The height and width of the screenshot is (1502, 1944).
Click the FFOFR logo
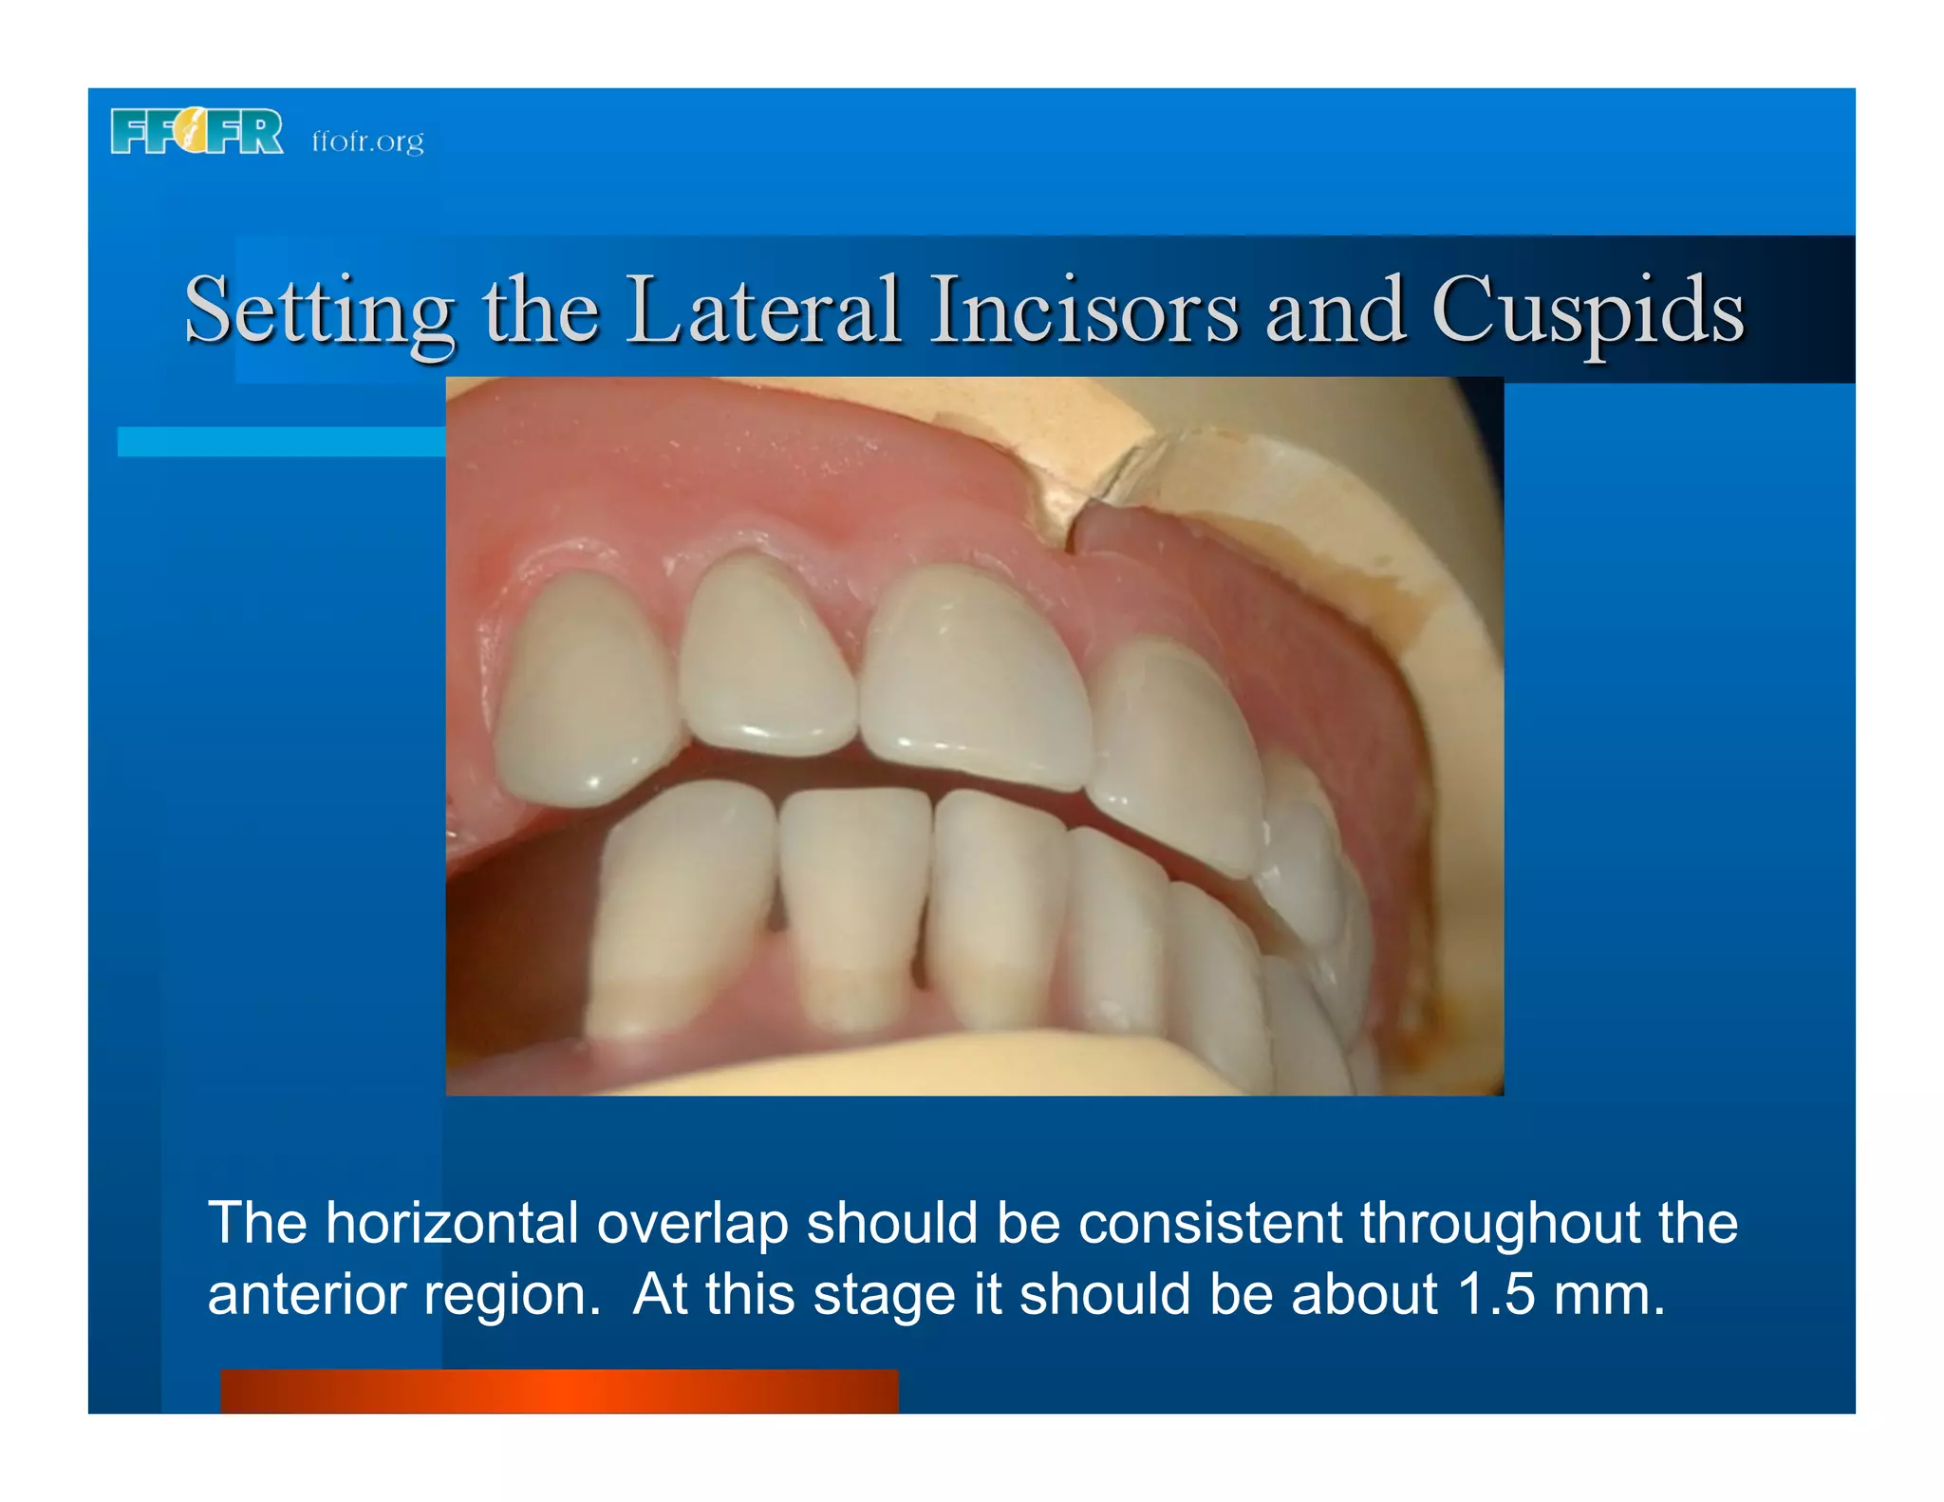(x=196, y=131)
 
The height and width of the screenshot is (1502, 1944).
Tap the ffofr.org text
(x=367, y=141)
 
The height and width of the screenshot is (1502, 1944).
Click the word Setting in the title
(x=319, y=310)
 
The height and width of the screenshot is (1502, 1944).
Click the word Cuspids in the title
(x=1587, y=310)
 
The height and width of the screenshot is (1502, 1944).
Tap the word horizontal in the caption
(x=452, y=1222)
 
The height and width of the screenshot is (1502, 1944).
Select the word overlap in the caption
(x=692, y=1224)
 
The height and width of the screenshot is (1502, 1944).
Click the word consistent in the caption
(x=1209, y=1222)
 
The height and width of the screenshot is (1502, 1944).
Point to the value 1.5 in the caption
(x=1495, y=1294)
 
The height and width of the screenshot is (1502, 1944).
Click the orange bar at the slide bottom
(x=559, y=1390)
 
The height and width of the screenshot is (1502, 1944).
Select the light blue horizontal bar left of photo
(x=281, y=441)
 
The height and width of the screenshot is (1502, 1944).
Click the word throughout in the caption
(x=1500, y=1222)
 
